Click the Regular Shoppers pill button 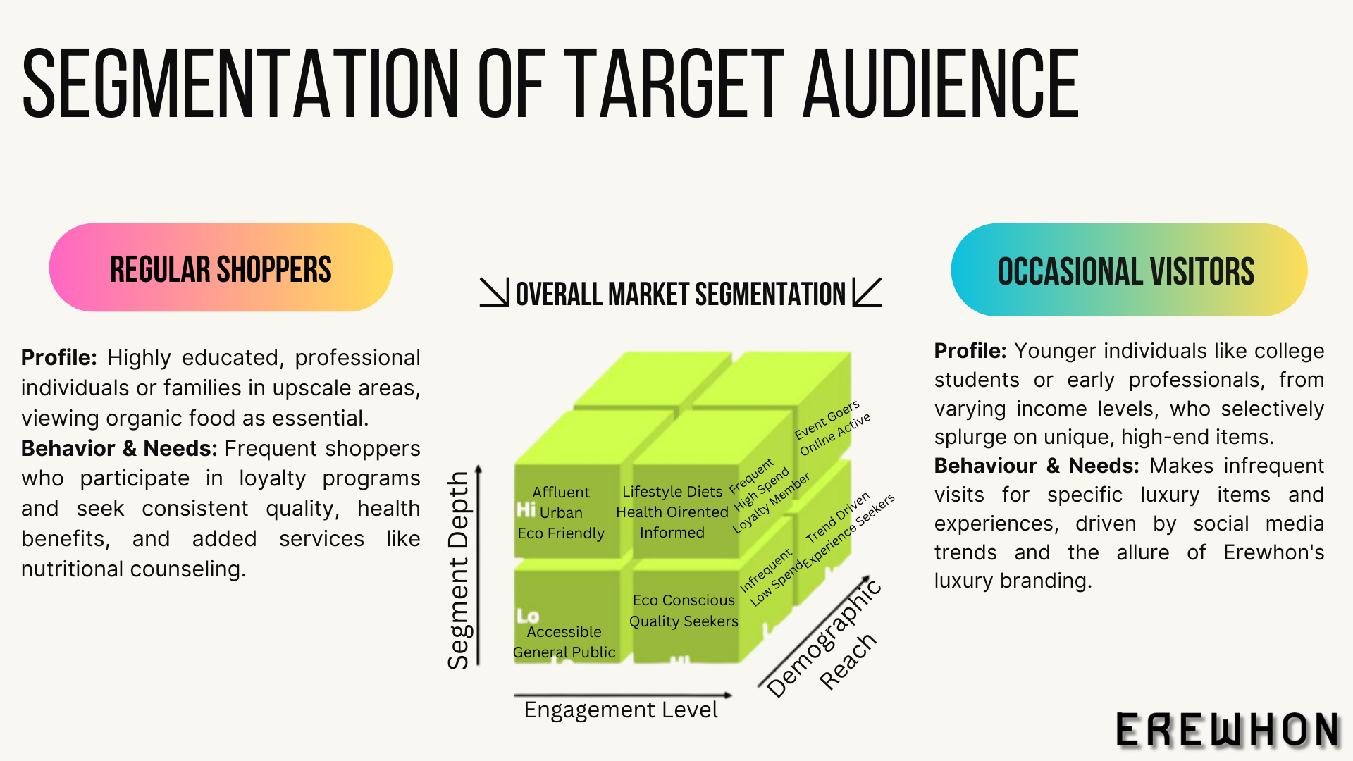tap(221, 268)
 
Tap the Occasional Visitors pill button tap(1128, 271)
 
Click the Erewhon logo tap(1227, 730)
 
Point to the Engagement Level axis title tap(621, 710)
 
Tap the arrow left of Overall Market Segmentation tap(494, 292)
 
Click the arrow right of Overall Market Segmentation tap(867, 292)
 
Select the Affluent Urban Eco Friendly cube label tap(562, 512)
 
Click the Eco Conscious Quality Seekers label tap(684, 610)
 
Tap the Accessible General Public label tap(564, 642)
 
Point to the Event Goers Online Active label tap(832, 428)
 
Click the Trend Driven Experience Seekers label tap(848, 529)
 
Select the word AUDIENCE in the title tap(941, 85)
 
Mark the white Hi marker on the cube tap(526, 509)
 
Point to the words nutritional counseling tap(133, 569)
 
